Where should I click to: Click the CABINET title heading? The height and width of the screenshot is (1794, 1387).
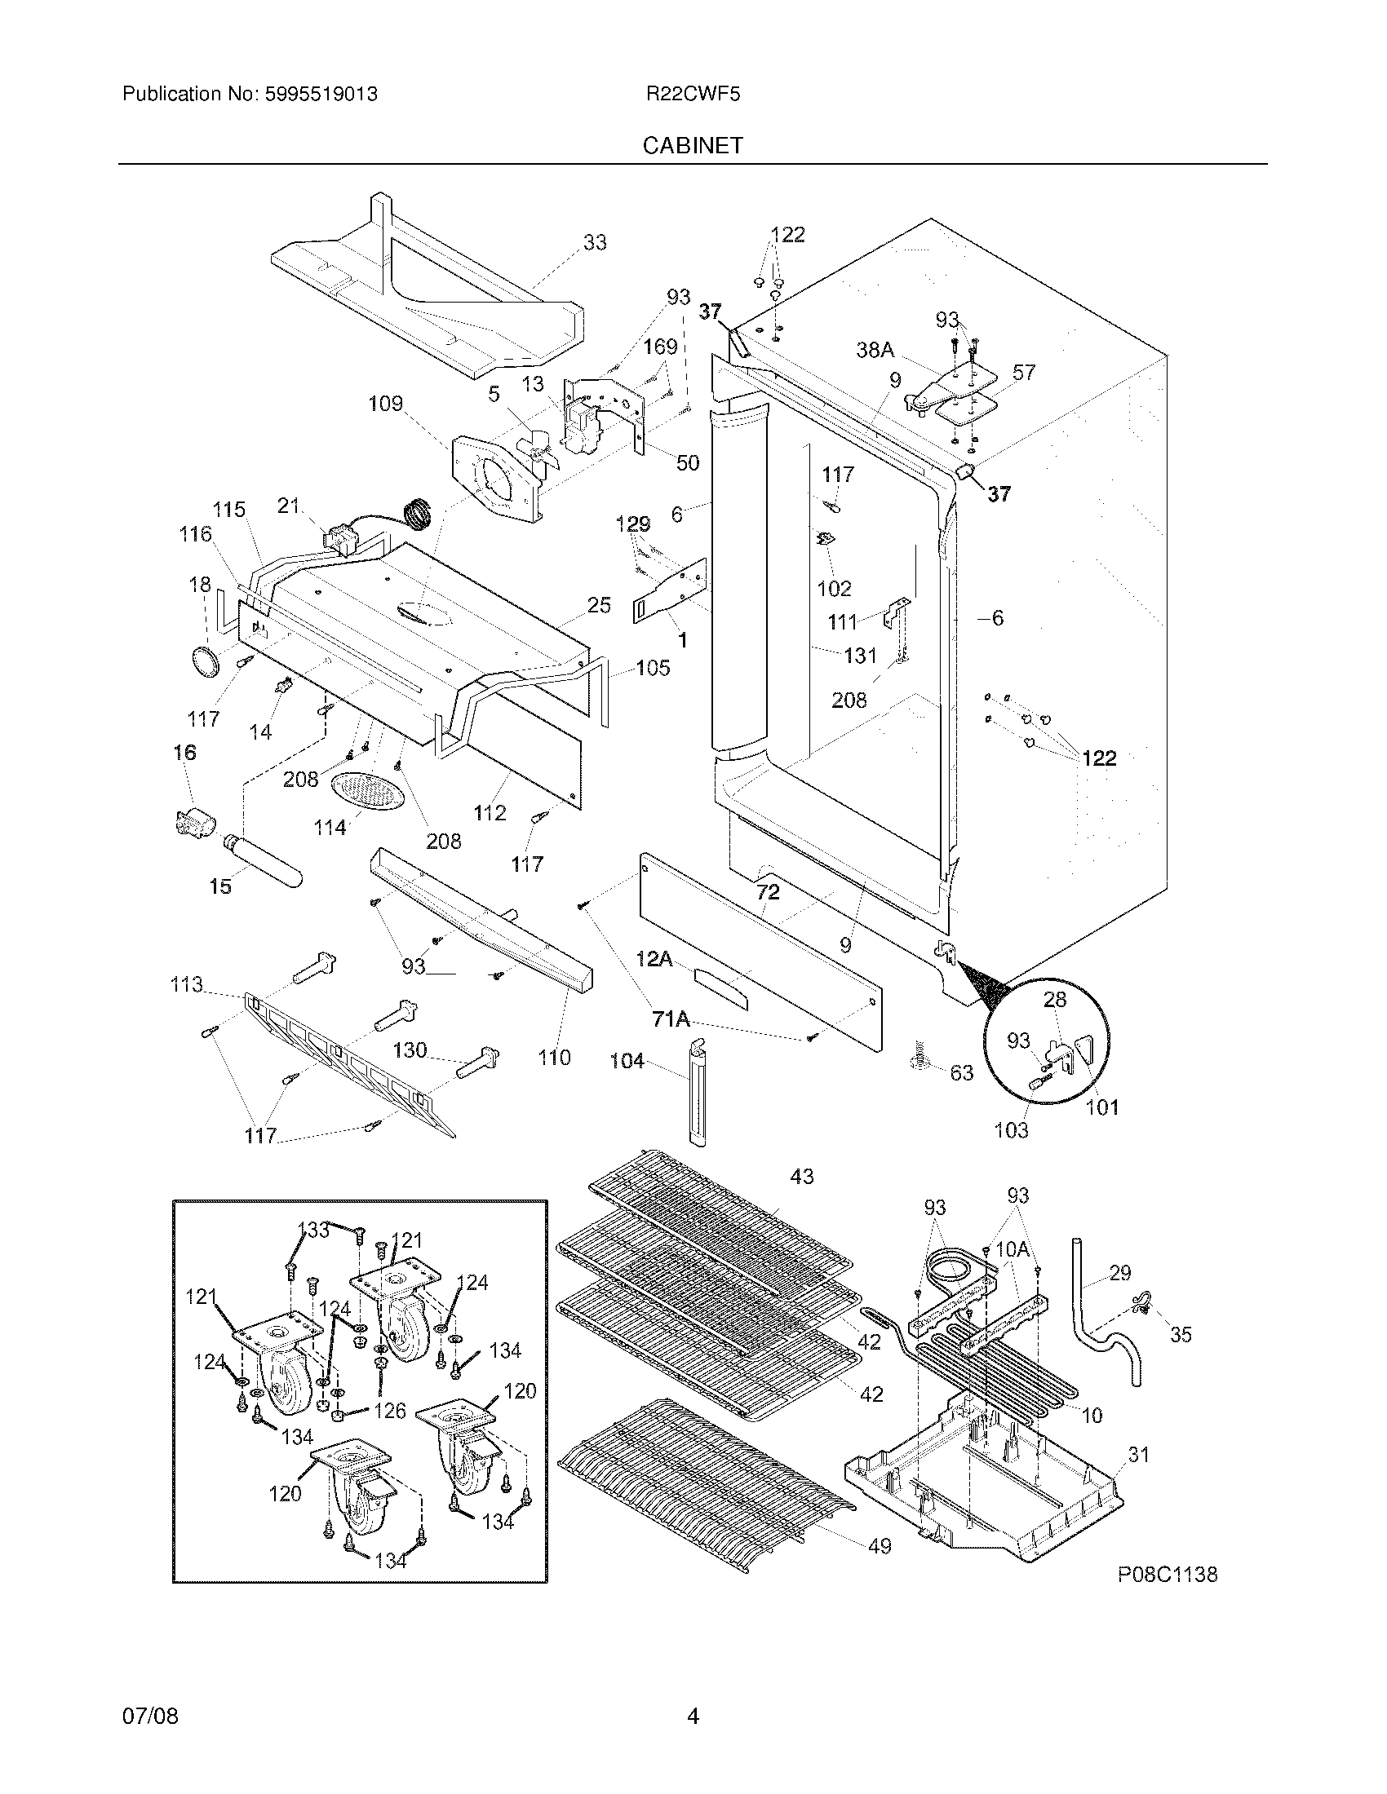(x=693, y=145)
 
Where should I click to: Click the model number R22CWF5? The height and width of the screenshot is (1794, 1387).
(x=693, y=95)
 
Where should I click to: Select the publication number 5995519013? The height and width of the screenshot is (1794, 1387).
(x=321, y=95)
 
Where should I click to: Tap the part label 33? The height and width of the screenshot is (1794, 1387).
(x=595, y=242)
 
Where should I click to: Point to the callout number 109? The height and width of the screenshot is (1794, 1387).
(x=385, y=404)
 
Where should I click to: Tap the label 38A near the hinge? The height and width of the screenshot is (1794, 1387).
(x=875, y=350)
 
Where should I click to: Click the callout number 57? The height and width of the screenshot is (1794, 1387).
(x=1024, y=373)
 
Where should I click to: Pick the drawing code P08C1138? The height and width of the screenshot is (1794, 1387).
(x=1167, y=1574)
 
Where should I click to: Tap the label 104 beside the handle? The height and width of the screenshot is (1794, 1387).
(x=627, y=1061)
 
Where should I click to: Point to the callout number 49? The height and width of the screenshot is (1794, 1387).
(x=880, y=1546)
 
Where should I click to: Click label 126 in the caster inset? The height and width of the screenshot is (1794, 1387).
(x=389, y=1411)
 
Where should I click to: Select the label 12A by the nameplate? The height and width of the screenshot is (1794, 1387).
(x=656, y=958)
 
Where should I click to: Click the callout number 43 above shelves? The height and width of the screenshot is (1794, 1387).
(x=802, y=1176)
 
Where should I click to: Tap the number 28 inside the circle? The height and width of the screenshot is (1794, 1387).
(x=1055, y=999)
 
